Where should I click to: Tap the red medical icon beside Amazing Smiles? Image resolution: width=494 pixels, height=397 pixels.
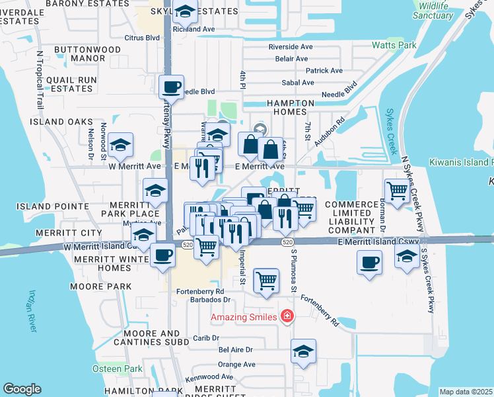pyautogui.click(x=287, y=317)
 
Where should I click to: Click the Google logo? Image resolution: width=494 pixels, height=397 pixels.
pyautogui.click(x=22, y=389)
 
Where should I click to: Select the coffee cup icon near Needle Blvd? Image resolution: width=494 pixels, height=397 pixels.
pyautogui.click(x=172, y=87)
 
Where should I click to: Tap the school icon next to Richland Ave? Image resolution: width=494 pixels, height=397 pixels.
pyautogui.click(x=186, y=12)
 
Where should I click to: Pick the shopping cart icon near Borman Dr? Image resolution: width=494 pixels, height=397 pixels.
pyautogui.click(x=396, y=191)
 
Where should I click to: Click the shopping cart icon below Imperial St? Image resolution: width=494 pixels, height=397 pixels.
pyautogui.click(x=266, y=279)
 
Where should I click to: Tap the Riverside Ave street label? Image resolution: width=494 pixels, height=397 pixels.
pyautogui.click(x=290, y=47)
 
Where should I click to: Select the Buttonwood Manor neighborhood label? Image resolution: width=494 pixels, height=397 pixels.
pyautogui.click(x=87, y=54)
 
